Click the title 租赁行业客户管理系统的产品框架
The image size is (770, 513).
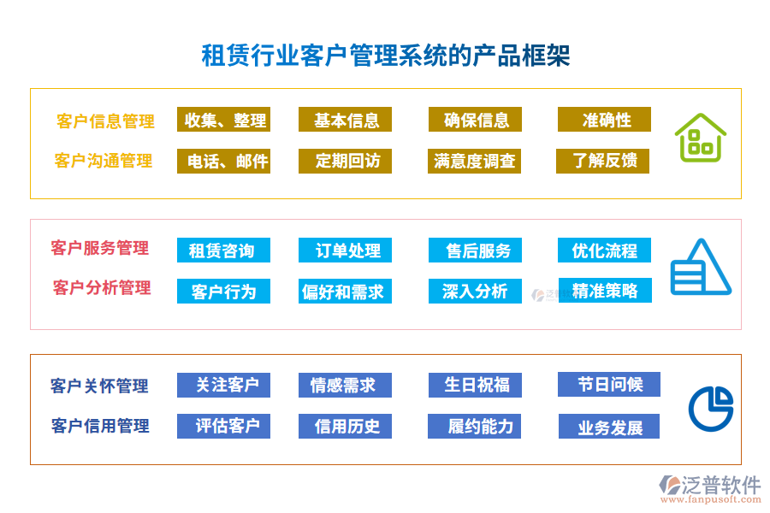point(385,56)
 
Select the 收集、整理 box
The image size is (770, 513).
point(223,120)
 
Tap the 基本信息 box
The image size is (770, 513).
point(345,120)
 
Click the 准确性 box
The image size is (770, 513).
point(604,120)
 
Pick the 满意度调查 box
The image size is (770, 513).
point(475,161)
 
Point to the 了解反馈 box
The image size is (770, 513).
point(604,161)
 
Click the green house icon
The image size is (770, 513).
point(700,139)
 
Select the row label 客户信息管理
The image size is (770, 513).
point(105,121)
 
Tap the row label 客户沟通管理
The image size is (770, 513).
point(104,161)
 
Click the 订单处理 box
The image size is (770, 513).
point(345,251)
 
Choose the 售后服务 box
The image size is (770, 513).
point(475,251)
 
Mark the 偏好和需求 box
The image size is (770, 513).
point(345,292)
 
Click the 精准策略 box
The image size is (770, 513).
point(604,291)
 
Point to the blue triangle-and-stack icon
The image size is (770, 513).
point(699,268)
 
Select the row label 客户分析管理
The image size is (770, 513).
point(102,288)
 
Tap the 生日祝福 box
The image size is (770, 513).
point(475,385)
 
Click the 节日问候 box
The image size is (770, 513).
point(608,384)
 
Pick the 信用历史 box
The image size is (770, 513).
point(345,426)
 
